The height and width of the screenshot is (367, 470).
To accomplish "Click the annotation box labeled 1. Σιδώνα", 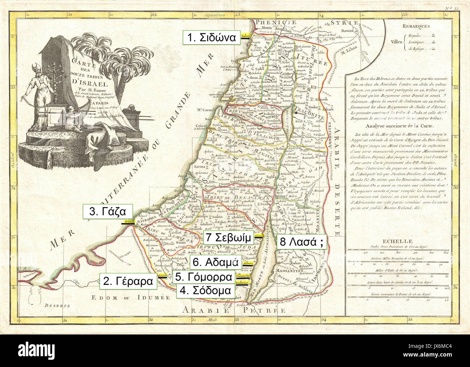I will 211,38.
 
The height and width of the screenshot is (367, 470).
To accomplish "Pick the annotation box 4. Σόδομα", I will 205,290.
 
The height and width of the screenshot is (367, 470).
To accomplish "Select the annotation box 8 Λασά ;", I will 301,242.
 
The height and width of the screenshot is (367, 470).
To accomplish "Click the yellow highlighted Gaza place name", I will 129,221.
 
